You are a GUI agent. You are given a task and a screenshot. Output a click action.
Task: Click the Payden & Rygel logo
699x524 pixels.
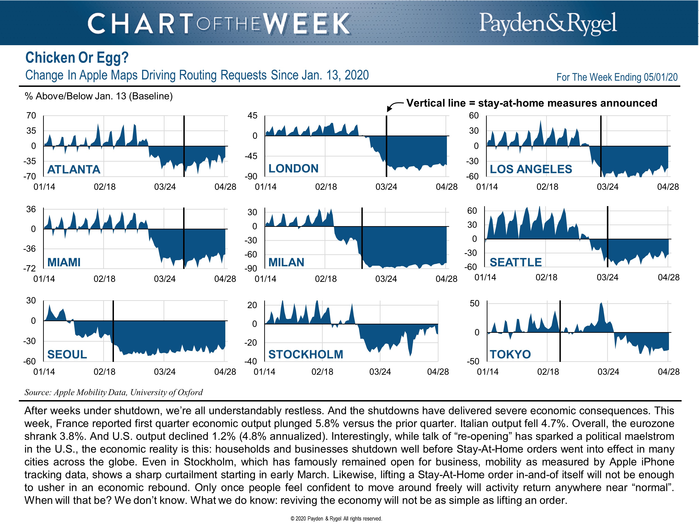tap(548, 23)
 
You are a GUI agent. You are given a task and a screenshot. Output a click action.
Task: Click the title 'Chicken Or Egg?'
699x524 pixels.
tap(77, 58)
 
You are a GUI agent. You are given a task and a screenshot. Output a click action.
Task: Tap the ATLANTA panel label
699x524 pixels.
tap(74, 170)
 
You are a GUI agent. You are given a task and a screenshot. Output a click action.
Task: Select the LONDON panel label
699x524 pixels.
tap(293, 169)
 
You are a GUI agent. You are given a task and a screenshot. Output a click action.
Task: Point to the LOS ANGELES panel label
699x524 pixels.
tap(531, 169)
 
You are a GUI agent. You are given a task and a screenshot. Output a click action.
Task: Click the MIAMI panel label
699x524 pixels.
tap(64, 262)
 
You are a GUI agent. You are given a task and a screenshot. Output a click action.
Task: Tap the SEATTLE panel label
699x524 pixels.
tap(515, 262)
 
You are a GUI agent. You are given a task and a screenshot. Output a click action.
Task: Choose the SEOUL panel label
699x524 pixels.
tap(67, 354)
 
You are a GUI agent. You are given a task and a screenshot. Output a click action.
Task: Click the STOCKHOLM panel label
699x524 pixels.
tap(305, 354)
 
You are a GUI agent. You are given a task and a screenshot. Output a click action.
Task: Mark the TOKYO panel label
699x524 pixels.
tap(510, 354)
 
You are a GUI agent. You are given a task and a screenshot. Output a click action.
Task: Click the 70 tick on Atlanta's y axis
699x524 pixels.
tap(31, 116)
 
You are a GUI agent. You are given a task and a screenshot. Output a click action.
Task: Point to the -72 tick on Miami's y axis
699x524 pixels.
tap(29, 269)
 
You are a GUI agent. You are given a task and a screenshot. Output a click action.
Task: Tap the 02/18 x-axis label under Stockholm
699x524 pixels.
tap(322, 372)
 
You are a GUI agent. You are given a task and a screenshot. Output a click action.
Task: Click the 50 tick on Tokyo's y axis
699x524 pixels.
tap(474, 303)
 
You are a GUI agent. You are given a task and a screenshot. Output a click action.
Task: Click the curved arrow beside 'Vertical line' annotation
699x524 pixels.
tap(394, 106)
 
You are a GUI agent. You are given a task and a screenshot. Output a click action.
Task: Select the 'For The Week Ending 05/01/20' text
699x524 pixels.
tap(617, 77)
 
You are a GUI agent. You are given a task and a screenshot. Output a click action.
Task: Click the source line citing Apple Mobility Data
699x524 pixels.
tap(113, 392)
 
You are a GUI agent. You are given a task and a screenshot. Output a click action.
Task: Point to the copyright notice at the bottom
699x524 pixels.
tap(336, 519)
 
